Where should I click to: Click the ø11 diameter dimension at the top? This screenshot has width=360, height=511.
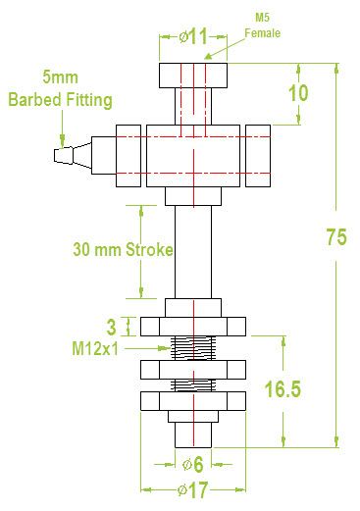point(193,36)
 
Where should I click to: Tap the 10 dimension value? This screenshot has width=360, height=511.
point(298,93)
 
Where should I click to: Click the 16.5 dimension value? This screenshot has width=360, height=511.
point(282,389)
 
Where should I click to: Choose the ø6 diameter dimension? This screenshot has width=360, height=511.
point(193,464)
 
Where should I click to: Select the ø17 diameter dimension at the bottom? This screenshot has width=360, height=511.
point(192,490)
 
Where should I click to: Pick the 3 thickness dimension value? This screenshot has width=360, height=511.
point(112,325)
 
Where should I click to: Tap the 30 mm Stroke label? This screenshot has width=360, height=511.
point(123,249)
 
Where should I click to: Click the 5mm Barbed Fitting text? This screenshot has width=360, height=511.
point(60,88)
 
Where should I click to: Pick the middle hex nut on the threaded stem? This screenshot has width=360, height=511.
point(192,369)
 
